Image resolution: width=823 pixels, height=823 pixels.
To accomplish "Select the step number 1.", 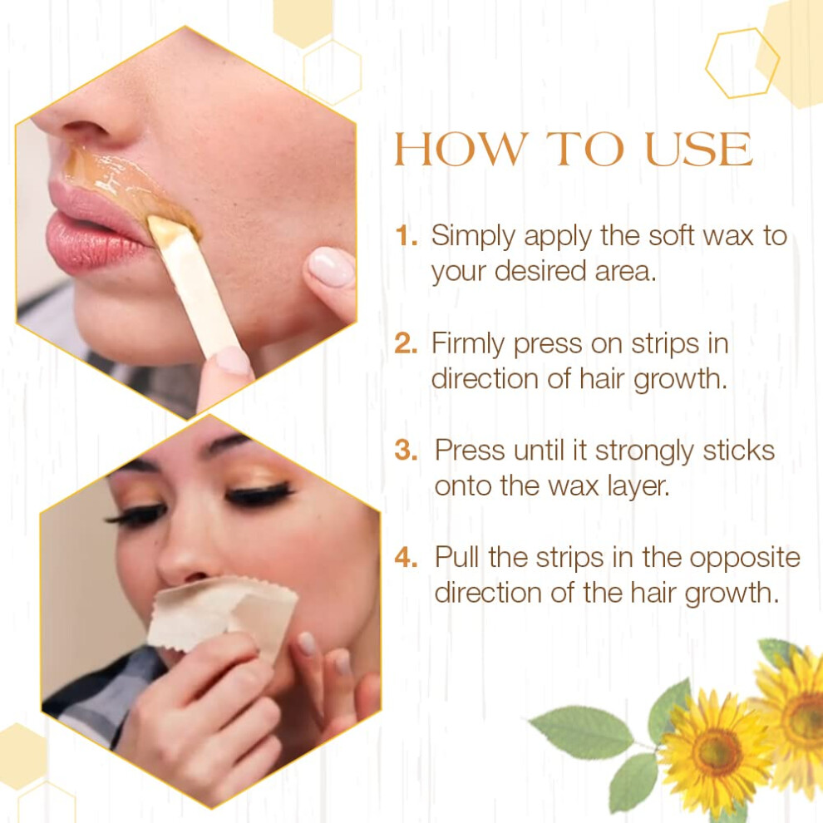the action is [407, 235].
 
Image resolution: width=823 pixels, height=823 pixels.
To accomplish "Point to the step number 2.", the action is [407, 344].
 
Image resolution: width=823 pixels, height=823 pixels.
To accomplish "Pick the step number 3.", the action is [407, 451].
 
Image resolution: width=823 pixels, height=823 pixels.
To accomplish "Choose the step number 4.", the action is [407, 558].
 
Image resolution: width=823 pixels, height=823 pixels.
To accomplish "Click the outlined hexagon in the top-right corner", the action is [742, 63].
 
